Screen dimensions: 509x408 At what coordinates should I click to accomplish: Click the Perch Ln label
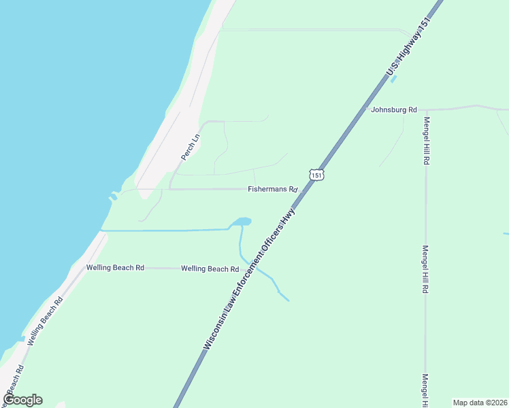pyautogui.click(x=191, y=147)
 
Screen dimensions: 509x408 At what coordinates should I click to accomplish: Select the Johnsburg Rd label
pyautogui.click(x=394, y=109)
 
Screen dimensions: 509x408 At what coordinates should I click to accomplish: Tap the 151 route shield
pyautogui.click(x=315, y=175)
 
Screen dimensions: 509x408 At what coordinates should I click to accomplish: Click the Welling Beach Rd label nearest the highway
pyautogui.click(x=210, y=269)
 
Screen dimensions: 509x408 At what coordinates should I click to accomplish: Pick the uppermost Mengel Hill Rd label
pyautogui.click(x=427, y=141)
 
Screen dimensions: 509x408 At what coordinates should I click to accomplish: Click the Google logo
pyautogui.click(x=22, y=400)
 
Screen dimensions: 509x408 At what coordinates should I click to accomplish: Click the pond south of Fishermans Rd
pyautogui.click(x=241, y=222)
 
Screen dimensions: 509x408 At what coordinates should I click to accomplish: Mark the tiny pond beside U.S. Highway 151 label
pyautogui.click(x=393, y=79)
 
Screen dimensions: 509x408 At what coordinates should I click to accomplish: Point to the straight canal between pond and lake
pyautogui.click(x=167, y=231)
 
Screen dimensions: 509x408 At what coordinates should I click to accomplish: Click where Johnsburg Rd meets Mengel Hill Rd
pyautogui.click(x=425, y=109)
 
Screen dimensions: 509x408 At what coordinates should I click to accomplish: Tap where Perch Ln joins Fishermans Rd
pyautogui.click(x=169, y=189)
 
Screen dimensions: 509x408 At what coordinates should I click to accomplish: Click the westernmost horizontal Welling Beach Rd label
pyautogui.click(x=115, y=268)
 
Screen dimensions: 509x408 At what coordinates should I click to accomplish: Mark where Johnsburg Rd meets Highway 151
pyautogui.click(x=364, y=109)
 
